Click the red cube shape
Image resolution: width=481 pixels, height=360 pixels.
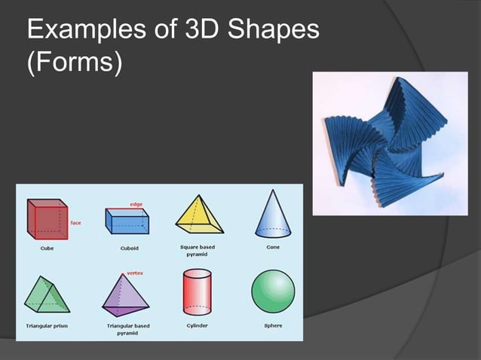point(47,218)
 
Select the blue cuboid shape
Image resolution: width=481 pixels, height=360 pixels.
point(127,222)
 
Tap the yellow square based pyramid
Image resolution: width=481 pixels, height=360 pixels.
point(200,215)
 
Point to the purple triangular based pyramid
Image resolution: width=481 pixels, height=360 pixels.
point(127,295)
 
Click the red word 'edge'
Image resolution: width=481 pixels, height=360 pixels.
point(136,204)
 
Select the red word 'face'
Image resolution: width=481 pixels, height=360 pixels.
point(75,223)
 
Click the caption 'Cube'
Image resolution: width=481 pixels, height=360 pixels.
point(47,247)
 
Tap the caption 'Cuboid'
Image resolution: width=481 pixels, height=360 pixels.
point(129,247)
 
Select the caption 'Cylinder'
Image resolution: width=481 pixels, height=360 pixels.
point(198,325)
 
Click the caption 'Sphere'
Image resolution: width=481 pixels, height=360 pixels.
point(273,325)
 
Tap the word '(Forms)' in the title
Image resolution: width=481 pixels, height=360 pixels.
point(74,63)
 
